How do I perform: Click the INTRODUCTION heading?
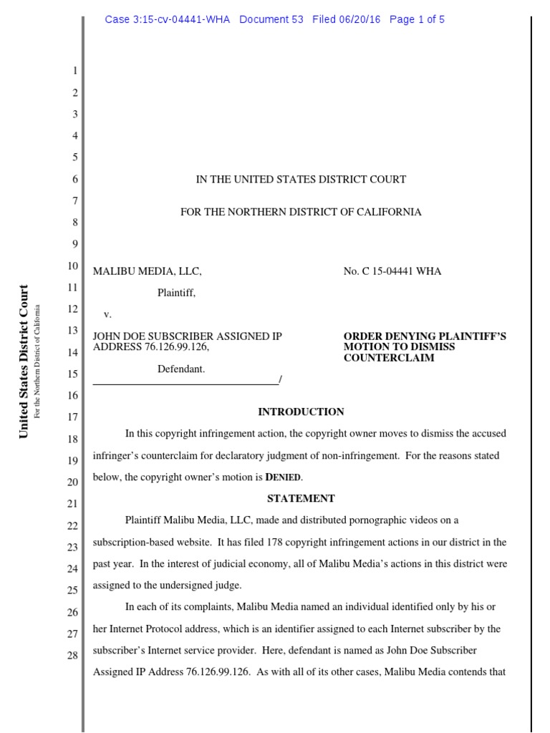301,412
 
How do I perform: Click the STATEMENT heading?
301,498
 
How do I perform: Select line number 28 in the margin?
72,656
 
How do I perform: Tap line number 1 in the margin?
74,72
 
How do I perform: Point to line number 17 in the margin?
72,417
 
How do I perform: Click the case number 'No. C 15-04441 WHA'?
392,271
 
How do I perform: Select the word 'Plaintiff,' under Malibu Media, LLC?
176,292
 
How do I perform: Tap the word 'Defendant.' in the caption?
181,369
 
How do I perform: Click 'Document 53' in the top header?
271,19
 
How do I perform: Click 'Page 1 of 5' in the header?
417,19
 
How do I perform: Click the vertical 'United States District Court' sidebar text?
24,361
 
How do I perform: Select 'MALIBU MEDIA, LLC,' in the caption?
148,271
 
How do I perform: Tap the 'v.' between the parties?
108,314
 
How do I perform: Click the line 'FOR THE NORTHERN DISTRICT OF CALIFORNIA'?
301,212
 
